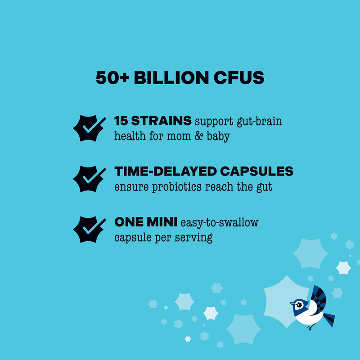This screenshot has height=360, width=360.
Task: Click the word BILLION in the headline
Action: tap(171, 77)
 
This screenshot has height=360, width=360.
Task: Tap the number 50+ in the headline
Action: tap(112, 77)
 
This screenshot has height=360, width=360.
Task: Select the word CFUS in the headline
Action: tap(239, 77)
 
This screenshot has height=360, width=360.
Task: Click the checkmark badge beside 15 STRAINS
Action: tap(89, 128)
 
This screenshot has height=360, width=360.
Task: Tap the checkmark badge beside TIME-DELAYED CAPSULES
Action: tap(89, 179)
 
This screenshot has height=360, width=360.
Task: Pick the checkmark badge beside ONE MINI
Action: tap(89, 229)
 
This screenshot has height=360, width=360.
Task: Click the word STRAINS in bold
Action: tap(161, 121)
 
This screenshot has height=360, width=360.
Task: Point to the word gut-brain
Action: tap(260, 121)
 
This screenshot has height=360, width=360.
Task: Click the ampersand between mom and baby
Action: tap(199, 136)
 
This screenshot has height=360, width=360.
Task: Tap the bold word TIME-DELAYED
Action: tap(166, 171)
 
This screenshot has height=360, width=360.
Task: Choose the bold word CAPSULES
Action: tap(256, 171)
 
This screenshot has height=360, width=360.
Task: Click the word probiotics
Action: tap(177, 187)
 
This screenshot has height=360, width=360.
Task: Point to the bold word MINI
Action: tap(162, 222)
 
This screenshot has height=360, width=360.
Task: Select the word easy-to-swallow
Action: tap(220, 223)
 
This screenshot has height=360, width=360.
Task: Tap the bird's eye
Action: tap(299, 305)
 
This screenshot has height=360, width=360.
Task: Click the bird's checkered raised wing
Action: tap(319, 298)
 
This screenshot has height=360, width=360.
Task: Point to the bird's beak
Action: tap(292, 303)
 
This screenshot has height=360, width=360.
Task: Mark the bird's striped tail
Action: tap(329, 319)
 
